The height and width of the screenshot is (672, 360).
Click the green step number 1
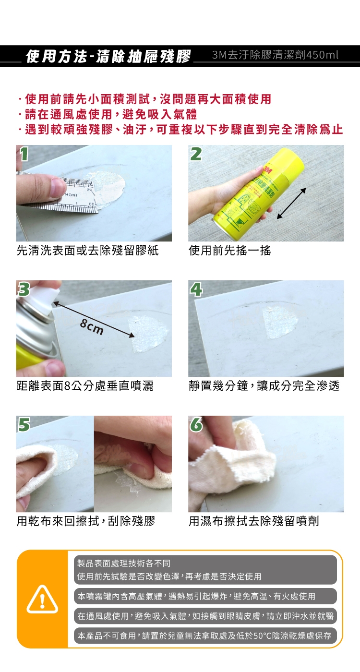(24, 154)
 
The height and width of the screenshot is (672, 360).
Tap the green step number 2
(196, 154)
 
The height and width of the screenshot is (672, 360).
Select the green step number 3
(24, 289)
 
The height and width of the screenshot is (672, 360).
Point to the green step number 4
(196, 289)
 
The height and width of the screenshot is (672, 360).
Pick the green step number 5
(24, 425)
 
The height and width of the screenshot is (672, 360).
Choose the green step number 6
(196, 425)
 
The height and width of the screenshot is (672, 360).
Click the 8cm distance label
(92, 327)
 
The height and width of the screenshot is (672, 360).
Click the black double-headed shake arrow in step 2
(291, 204)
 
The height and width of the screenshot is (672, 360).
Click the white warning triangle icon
(42, 600)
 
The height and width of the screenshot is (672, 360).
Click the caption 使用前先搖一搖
(230, 250)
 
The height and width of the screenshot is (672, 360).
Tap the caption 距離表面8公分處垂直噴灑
(85, 386)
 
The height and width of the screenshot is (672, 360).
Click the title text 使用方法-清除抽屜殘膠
(108, 56)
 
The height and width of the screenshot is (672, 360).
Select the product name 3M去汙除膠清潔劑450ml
(275, 55)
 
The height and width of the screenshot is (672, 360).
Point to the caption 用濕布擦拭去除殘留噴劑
(254, 521)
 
